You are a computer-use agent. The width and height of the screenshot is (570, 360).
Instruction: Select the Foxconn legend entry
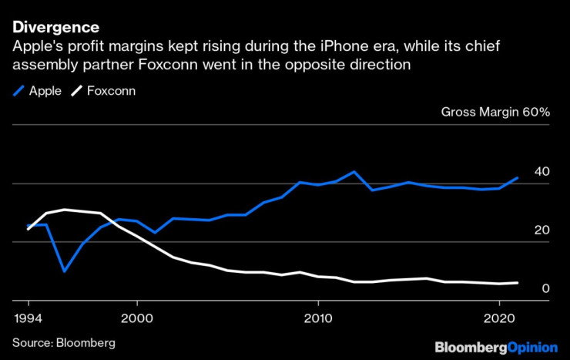(99, 90)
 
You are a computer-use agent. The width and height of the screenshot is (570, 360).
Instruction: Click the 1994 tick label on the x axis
(28, 318)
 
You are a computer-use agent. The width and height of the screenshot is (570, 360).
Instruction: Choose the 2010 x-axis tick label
(317, 318)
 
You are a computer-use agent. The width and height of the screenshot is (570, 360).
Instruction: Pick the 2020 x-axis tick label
(499, 318)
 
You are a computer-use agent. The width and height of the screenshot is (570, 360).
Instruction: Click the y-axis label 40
(541, 170)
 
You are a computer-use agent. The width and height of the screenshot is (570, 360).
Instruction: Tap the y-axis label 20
(541, 230)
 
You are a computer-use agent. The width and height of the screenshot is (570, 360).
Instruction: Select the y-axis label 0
(545, 288)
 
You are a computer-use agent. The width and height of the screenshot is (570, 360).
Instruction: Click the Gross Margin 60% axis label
(495, 113)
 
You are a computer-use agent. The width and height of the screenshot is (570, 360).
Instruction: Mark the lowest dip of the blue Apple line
(64, 271)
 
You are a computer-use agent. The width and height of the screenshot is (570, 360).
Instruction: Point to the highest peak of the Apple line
(354, 171)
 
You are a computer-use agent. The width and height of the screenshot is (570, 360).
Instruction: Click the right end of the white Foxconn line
(517, 283)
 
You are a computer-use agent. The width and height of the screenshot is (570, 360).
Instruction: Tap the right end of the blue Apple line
(517, 177)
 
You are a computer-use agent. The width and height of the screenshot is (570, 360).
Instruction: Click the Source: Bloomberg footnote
(63, 342)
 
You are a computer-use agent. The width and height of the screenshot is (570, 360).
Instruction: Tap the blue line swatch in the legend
(18, 90)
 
